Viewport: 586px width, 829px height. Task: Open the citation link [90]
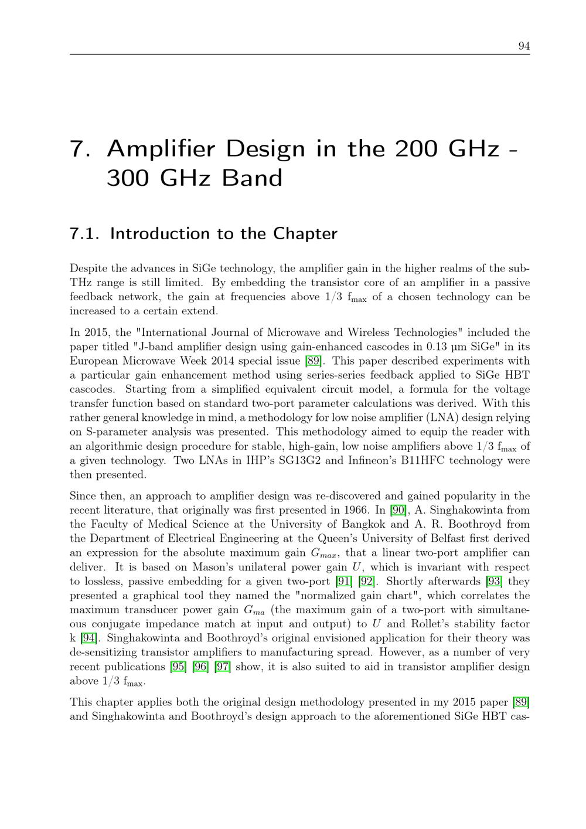point(397,510)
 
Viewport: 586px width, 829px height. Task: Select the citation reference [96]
point(200,667)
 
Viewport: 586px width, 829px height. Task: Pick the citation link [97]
point(223,667)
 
